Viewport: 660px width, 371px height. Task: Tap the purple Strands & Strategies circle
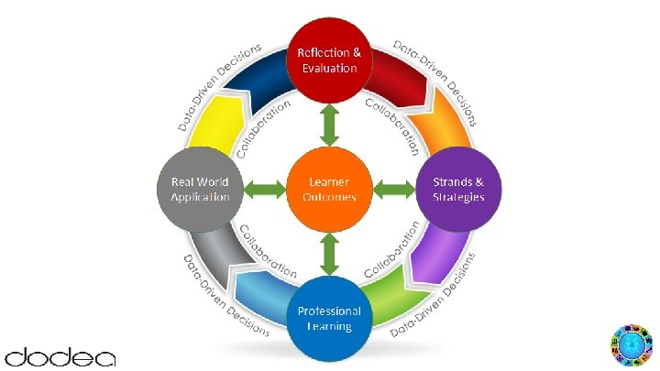(459, 188)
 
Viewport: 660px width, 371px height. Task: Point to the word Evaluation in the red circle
(328, 69)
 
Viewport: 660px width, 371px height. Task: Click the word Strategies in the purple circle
(459, 197)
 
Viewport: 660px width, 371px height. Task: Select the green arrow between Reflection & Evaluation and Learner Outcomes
(328, 124)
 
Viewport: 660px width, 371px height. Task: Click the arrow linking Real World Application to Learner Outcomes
(263, 189)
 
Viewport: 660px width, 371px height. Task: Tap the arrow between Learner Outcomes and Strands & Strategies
(395, 189)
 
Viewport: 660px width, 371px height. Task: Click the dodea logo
(60, 355)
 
